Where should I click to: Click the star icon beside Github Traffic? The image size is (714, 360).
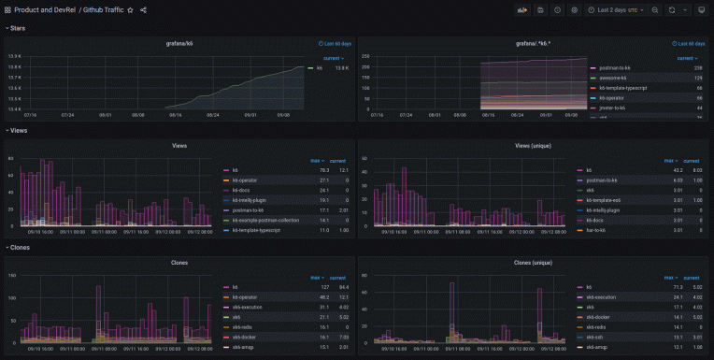click(130, 9)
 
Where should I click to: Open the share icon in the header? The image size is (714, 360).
click(143, 9)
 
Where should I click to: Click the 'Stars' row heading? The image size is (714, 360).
click(17, 28)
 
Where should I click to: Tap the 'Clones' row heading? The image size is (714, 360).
click(19, 248)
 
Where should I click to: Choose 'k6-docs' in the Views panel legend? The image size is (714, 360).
click(240, 190)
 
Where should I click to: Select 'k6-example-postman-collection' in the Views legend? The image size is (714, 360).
click(265, 220)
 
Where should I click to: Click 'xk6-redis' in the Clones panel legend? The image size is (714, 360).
click(243, 327)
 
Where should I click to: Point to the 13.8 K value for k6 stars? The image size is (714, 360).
click(341, 68)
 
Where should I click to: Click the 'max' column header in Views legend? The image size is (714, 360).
click(316, 161)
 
